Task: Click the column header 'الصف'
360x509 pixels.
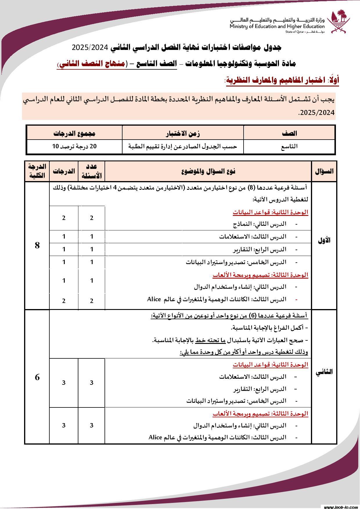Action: click(x=289, y=133)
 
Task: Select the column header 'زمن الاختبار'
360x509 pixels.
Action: click(x=183, y=133)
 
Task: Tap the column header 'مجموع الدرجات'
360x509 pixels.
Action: click(x=74, y=133)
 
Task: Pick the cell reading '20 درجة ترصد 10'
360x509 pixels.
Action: click(x=74, y=147)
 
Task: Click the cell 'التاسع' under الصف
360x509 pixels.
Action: click(x=289, y=147)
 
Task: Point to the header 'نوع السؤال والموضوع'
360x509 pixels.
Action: click(x=208, y=171)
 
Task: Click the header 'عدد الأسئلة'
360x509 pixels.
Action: click(x=91, y=171)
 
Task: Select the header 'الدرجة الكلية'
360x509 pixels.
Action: click(x=37, y=171)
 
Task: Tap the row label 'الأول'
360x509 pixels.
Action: click(x=324, y=241)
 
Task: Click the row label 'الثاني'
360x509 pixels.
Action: click(x=324, y=373)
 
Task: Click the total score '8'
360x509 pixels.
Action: click(x=37, y=246)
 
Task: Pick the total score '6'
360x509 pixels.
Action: click(x=37, y=377)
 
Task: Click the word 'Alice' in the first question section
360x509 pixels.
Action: click(x=154, y=299)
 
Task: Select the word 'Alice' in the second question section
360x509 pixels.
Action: click(x=155, y=437)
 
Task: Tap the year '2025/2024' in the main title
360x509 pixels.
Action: click(x=90, y=47)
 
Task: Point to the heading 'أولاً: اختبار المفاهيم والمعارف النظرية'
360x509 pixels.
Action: click(x=282, y=80)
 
